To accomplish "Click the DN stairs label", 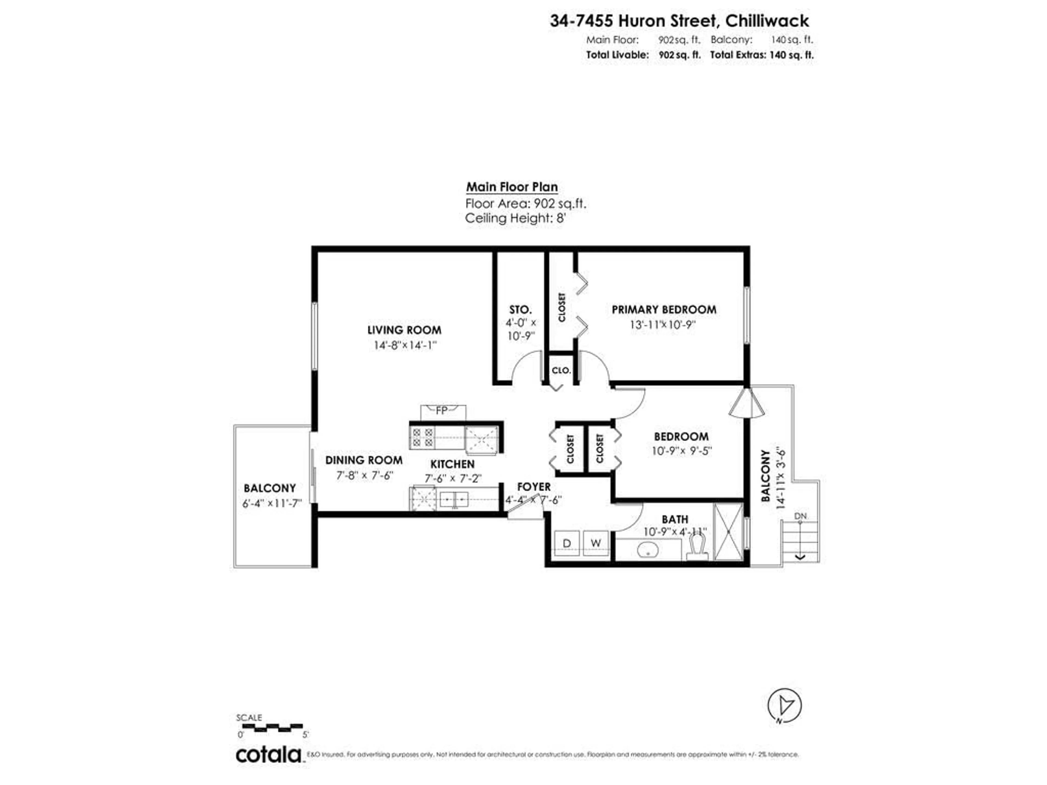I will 800,516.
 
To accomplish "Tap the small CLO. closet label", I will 561,370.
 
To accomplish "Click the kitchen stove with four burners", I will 423,437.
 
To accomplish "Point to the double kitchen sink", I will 453,499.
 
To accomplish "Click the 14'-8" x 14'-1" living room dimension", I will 405,345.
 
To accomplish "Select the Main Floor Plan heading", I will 512,187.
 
